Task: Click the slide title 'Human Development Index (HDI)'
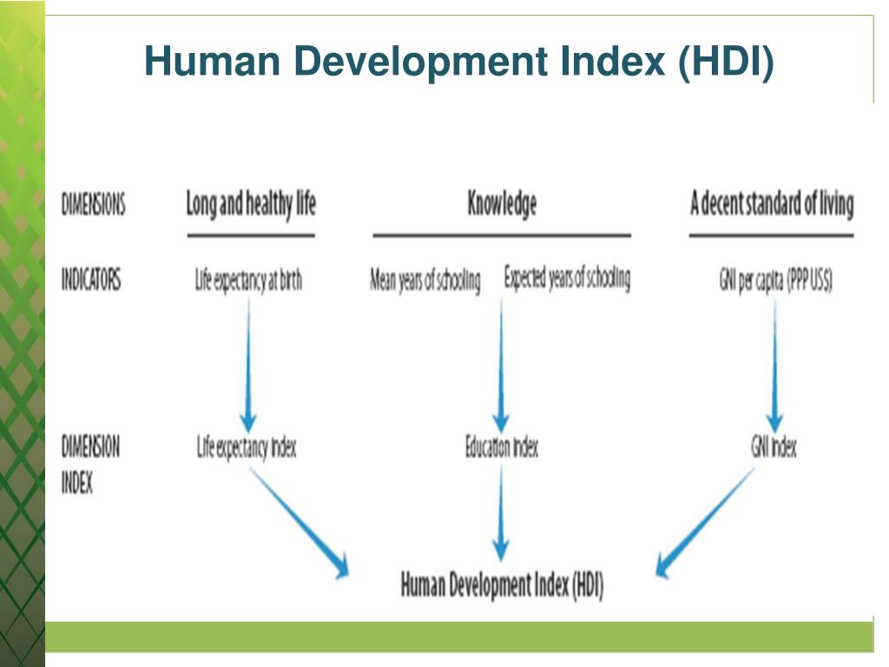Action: [458, 63]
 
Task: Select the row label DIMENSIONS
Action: [93, 205]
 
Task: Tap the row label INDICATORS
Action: [90, 281]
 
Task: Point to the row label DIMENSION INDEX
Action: [90, 465]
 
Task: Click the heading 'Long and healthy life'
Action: [251, 204]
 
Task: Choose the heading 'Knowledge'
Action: [502, 204]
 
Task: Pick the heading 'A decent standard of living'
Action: [771, 204]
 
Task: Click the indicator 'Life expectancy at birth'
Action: [248, 281]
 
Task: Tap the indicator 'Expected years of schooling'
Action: [567, 280]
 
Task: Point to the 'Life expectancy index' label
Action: [247, 448]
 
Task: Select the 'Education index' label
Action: [501, 448]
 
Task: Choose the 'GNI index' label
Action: [773, 448]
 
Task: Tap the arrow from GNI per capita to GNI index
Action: [774, 365]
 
